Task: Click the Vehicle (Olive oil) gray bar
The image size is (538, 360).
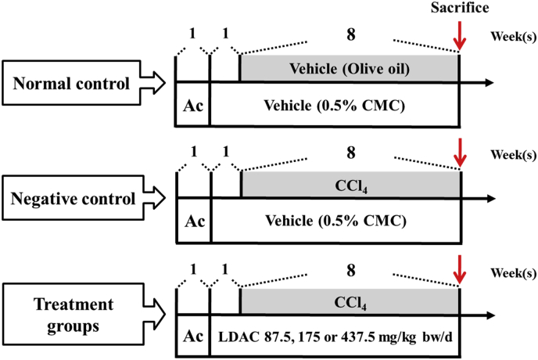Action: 349,68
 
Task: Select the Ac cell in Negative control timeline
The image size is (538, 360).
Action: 193,220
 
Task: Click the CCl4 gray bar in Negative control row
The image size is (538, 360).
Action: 349,185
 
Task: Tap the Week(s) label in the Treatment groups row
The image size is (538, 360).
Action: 513,274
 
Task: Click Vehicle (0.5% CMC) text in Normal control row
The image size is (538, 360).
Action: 334,104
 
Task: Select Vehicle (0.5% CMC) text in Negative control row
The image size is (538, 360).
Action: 334,220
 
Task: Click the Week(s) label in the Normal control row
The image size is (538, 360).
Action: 513,37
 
